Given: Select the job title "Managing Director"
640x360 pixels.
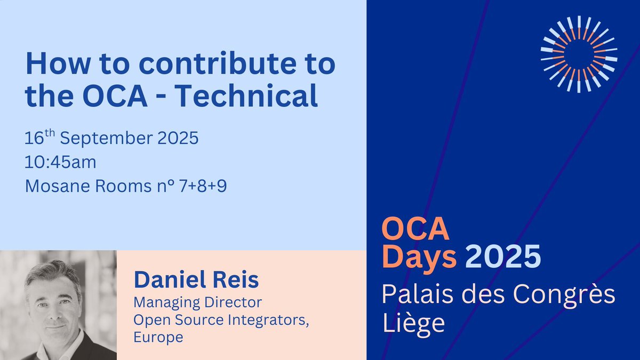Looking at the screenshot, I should coord(197,303).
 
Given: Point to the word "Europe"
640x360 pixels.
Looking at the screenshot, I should coord(158,337).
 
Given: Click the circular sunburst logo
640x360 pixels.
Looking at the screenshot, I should coord(579,53).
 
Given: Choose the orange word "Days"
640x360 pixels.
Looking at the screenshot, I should coord(420,258).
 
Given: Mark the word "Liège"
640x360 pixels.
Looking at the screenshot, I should coord(414,323).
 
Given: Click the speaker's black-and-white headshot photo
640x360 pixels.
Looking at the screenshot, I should coord(58,305).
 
